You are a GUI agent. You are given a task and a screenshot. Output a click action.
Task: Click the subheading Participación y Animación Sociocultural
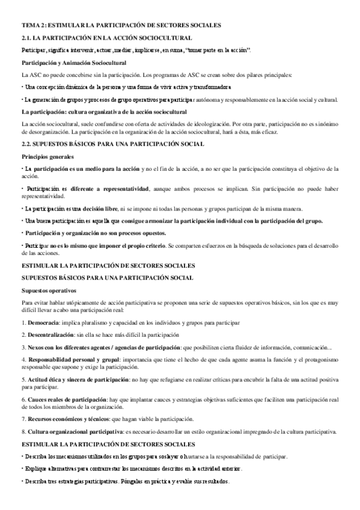(74, 63)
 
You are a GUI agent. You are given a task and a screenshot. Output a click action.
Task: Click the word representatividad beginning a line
(43, 196)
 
